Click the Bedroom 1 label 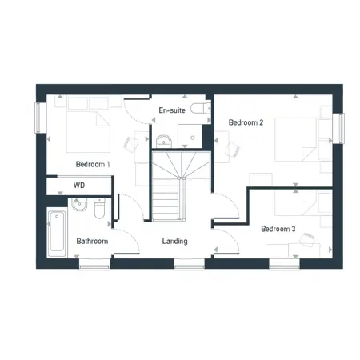(93, 164)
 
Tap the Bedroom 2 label (246, 122)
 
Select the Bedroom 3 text (278, 229)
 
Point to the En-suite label (172, 110)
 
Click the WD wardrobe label (79, 185)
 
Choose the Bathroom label (92, 242)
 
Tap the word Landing (174, 242)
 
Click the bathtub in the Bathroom (57, 231)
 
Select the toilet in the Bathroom (99, 208)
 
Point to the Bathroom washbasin (79, 204)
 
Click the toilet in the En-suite (201, 108)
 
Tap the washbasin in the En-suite (164, 141)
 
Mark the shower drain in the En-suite (193, 138)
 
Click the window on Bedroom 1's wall (38, 118)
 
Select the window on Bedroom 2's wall (341, 129)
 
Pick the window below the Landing (190, 264)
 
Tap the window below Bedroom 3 (285, 264)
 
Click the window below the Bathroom (94, 264)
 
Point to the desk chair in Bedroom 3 (307, 238)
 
